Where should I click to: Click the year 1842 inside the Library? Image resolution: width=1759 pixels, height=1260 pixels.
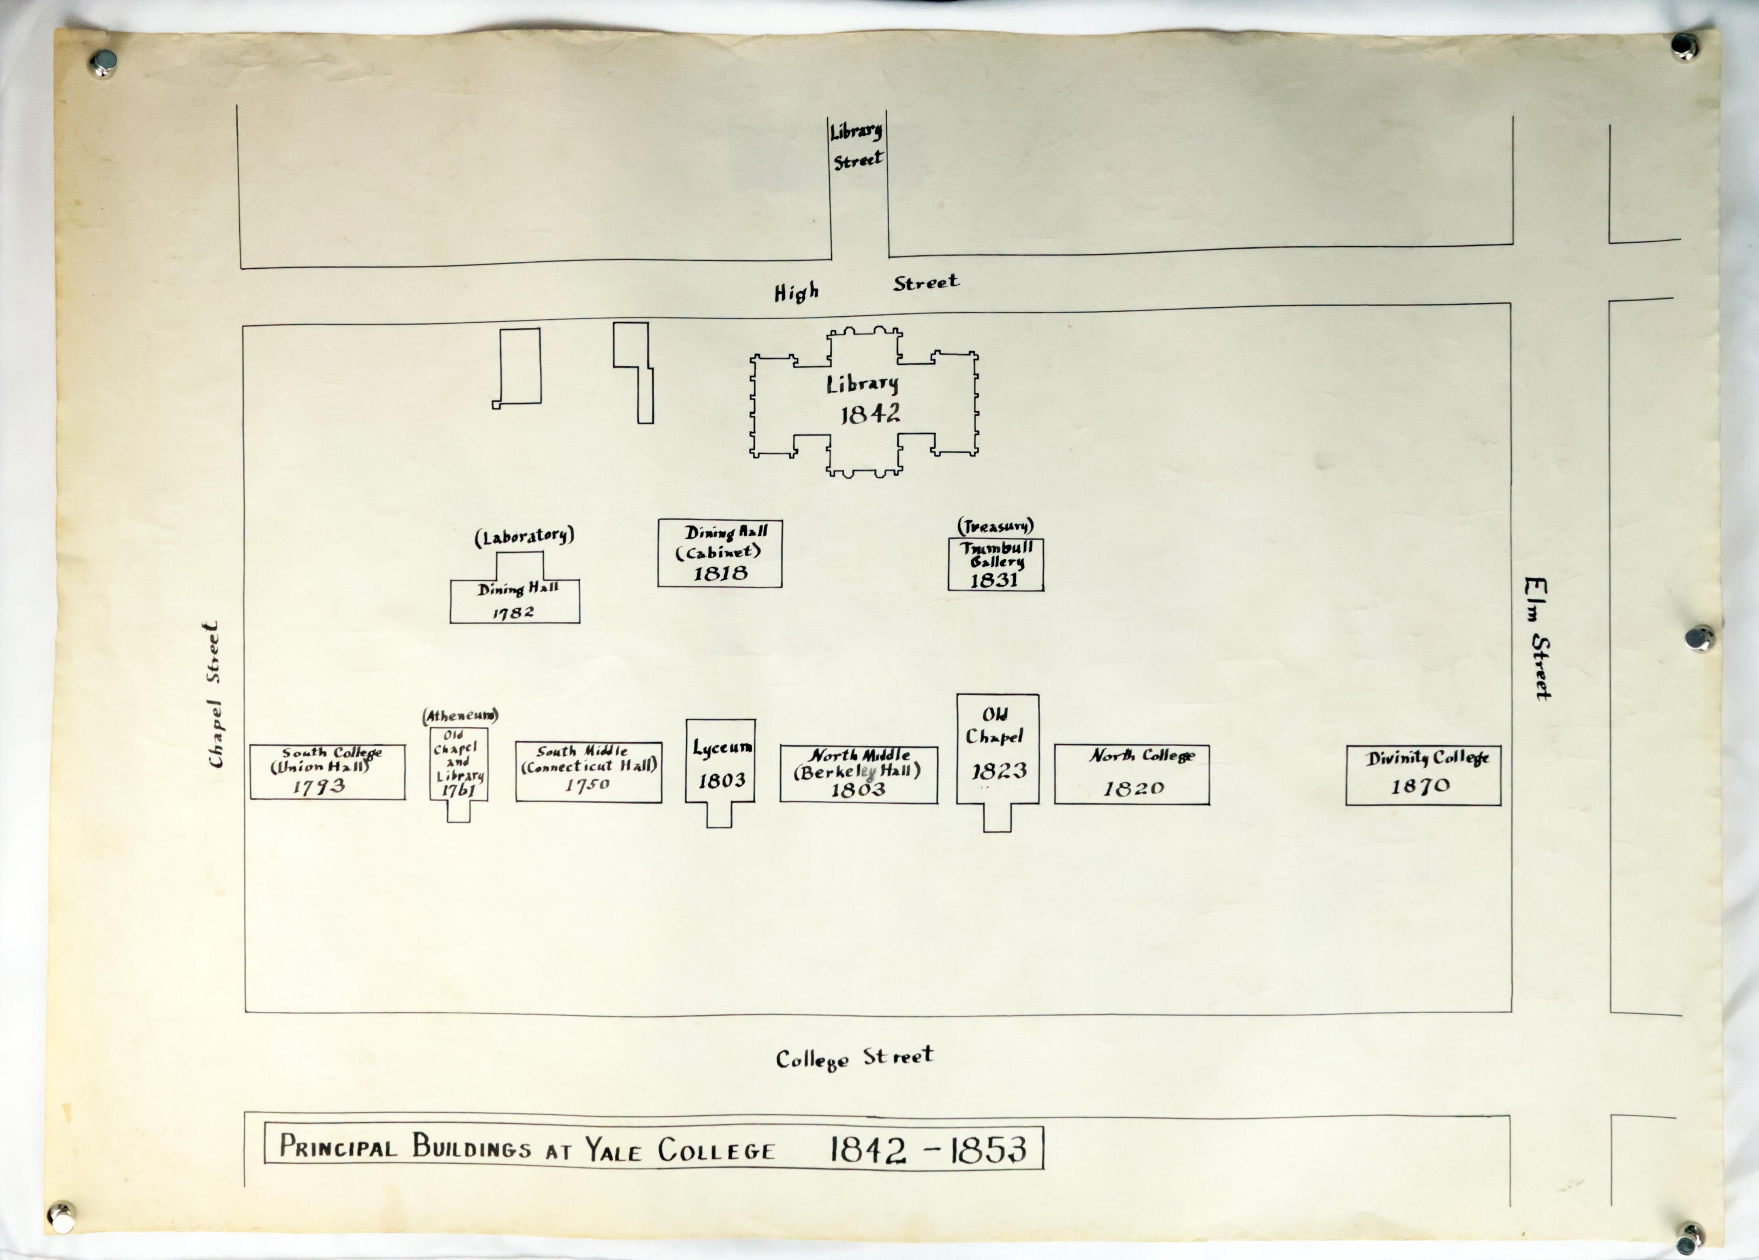click(x=870, y=414)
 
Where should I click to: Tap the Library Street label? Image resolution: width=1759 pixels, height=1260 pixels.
click(x=857, y=145)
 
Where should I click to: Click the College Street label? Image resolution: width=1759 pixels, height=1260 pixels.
click(x=855, y=1058)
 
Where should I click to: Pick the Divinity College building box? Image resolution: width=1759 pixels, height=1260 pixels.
click(x=1423, y=775)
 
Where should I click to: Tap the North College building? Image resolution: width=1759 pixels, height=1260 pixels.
click(x=1131, y=774)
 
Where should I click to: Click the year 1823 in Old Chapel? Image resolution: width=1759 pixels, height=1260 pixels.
click(x=999, y=771)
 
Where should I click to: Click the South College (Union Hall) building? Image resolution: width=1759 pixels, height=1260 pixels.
click(x=327, y=772)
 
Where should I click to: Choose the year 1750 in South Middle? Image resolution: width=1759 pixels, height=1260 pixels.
click(x=587, y=785)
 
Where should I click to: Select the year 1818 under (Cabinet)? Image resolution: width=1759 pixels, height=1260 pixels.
click(x=720, y=574)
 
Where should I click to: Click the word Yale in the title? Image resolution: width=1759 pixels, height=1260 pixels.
click(x=613, y=1148)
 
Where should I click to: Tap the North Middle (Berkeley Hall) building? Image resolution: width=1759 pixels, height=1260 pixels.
click(x=858, y=774)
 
